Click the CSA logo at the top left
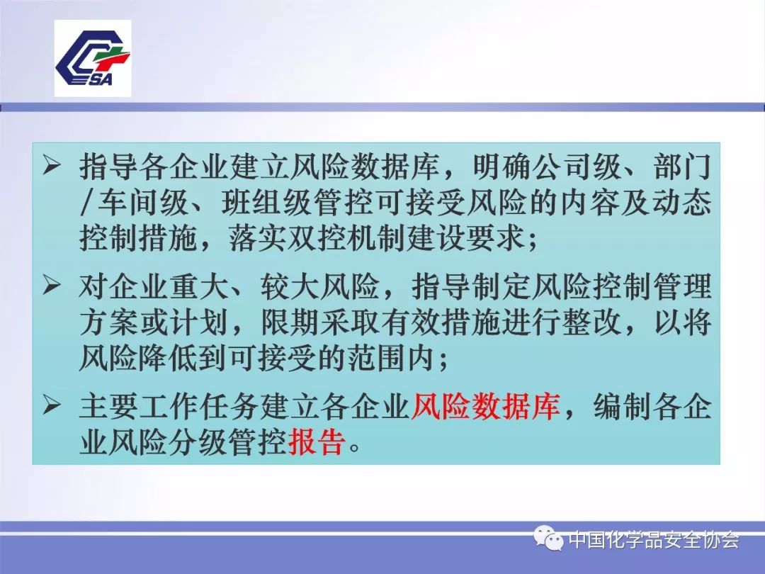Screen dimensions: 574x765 point(93,58)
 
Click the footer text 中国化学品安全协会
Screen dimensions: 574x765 point(654,541)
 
